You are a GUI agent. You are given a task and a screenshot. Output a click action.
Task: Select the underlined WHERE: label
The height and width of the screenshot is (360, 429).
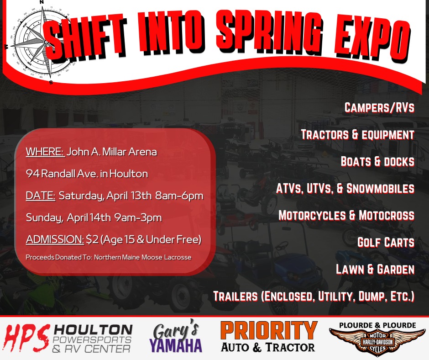point(45,152)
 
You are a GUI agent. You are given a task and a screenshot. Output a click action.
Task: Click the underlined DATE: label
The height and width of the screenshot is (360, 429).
point(41,196)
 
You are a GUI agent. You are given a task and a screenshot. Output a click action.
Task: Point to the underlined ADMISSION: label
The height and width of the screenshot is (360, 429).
point(55,239)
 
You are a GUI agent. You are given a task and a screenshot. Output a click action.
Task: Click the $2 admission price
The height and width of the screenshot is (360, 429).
point(92,239)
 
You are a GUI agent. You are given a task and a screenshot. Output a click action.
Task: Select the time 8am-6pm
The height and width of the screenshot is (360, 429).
point(179,196)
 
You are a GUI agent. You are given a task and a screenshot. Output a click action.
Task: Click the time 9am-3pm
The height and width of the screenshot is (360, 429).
point(138,218)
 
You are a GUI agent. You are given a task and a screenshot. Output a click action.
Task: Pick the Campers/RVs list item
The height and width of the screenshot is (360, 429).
point(379,107)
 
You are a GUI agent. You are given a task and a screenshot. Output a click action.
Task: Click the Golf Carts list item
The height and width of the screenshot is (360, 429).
point(386,242)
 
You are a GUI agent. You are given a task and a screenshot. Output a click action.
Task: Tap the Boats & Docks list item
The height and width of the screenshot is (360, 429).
point(377,161)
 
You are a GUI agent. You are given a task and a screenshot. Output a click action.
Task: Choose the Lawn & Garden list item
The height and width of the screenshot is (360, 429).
point(375,269)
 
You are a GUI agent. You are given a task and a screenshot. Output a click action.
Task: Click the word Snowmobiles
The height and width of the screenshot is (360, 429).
point(380,188)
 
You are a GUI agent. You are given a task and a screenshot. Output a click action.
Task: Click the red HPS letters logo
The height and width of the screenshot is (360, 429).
point(27,338)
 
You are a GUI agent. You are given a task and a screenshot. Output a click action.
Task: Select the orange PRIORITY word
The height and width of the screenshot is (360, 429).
point(269,331)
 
